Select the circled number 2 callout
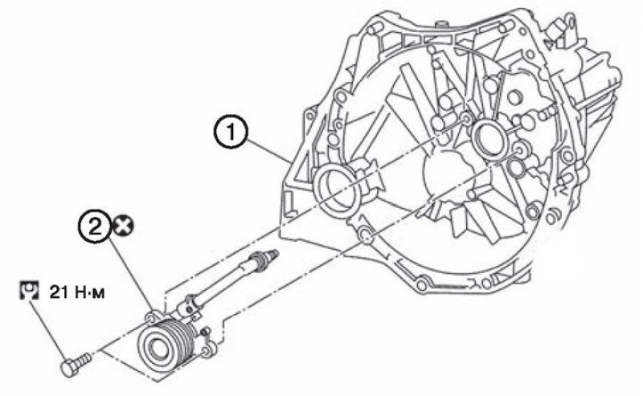pos(95,227)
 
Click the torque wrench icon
pos(29,290)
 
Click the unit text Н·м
pos(88,292)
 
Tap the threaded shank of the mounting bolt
pos(85,359)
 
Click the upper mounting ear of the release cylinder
pos(152,316)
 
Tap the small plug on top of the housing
pos(440,24)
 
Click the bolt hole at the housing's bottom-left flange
pos(365,235)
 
